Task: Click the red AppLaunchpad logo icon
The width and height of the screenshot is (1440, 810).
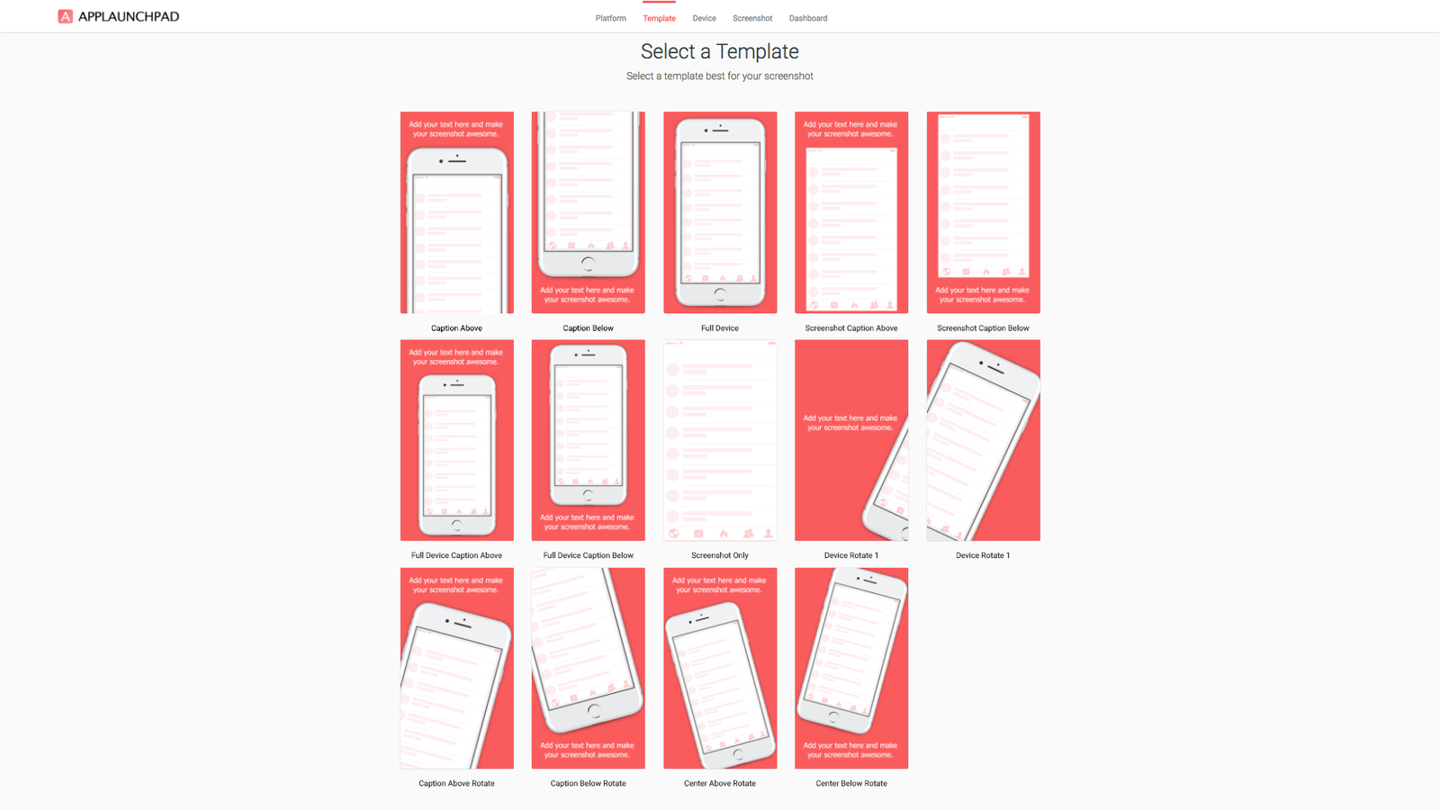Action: (65, 17)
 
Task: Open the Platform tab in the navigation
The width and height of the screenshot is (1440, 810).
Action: (611, 18)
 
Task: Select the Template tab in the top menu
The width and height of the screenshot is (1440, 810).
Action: (659, 18)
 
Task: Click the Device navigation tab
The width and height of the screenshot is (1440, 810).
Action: (704, 18)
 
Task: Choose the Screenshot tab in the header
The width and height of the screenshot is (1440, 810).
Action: (752, 18)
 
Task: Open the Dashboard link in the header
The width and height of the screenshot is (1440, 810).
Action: (808, 18)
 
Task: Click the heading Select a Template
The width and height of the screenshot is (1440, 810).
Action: (719, 51)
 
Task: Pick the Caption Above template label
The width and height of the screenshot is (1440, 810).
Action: (456, 328)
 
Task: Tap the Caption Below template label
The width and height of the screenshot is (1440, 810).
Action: (589, 328)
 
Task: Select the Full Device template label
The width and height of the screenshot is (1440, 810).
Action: (719, 328)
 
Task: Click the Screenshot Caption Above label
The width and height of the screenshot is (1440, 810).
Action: (851, 328)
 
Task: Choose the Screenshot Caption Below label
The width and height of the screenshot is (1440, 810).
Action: (983, 328)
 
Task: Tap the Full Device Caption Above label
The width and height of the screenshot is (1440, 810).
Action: (456, 555)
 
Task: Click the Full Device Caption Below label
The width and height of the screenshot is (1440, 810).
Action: (589, 555)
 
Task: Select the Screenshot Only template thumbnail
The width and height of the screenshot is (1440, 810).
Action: (720, 440)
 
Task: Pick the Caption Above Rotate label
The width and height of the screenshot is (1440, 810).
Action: (456, 783)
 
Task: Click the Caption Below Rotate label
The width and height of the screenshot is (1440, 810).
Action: (589, 783)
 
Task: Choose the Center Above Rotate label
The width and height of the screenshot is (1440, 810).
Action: (720, 783)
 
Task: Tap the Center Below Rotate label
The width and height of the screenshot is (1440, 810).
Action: (851, 783)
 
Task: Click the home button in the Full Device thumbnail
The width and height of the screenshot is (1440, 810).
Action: (720, 295)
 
